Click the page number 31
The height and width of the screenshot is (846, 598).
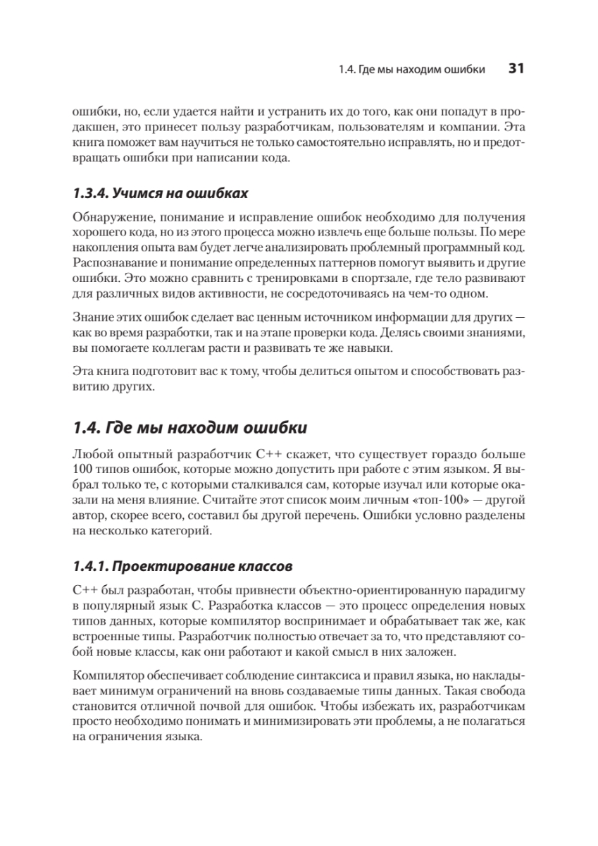(516, 68)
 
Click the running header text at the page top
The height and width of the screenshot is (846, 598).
(411, 69)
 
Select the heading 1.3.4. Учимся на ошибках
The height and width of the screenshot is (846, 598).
(161, 193)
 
